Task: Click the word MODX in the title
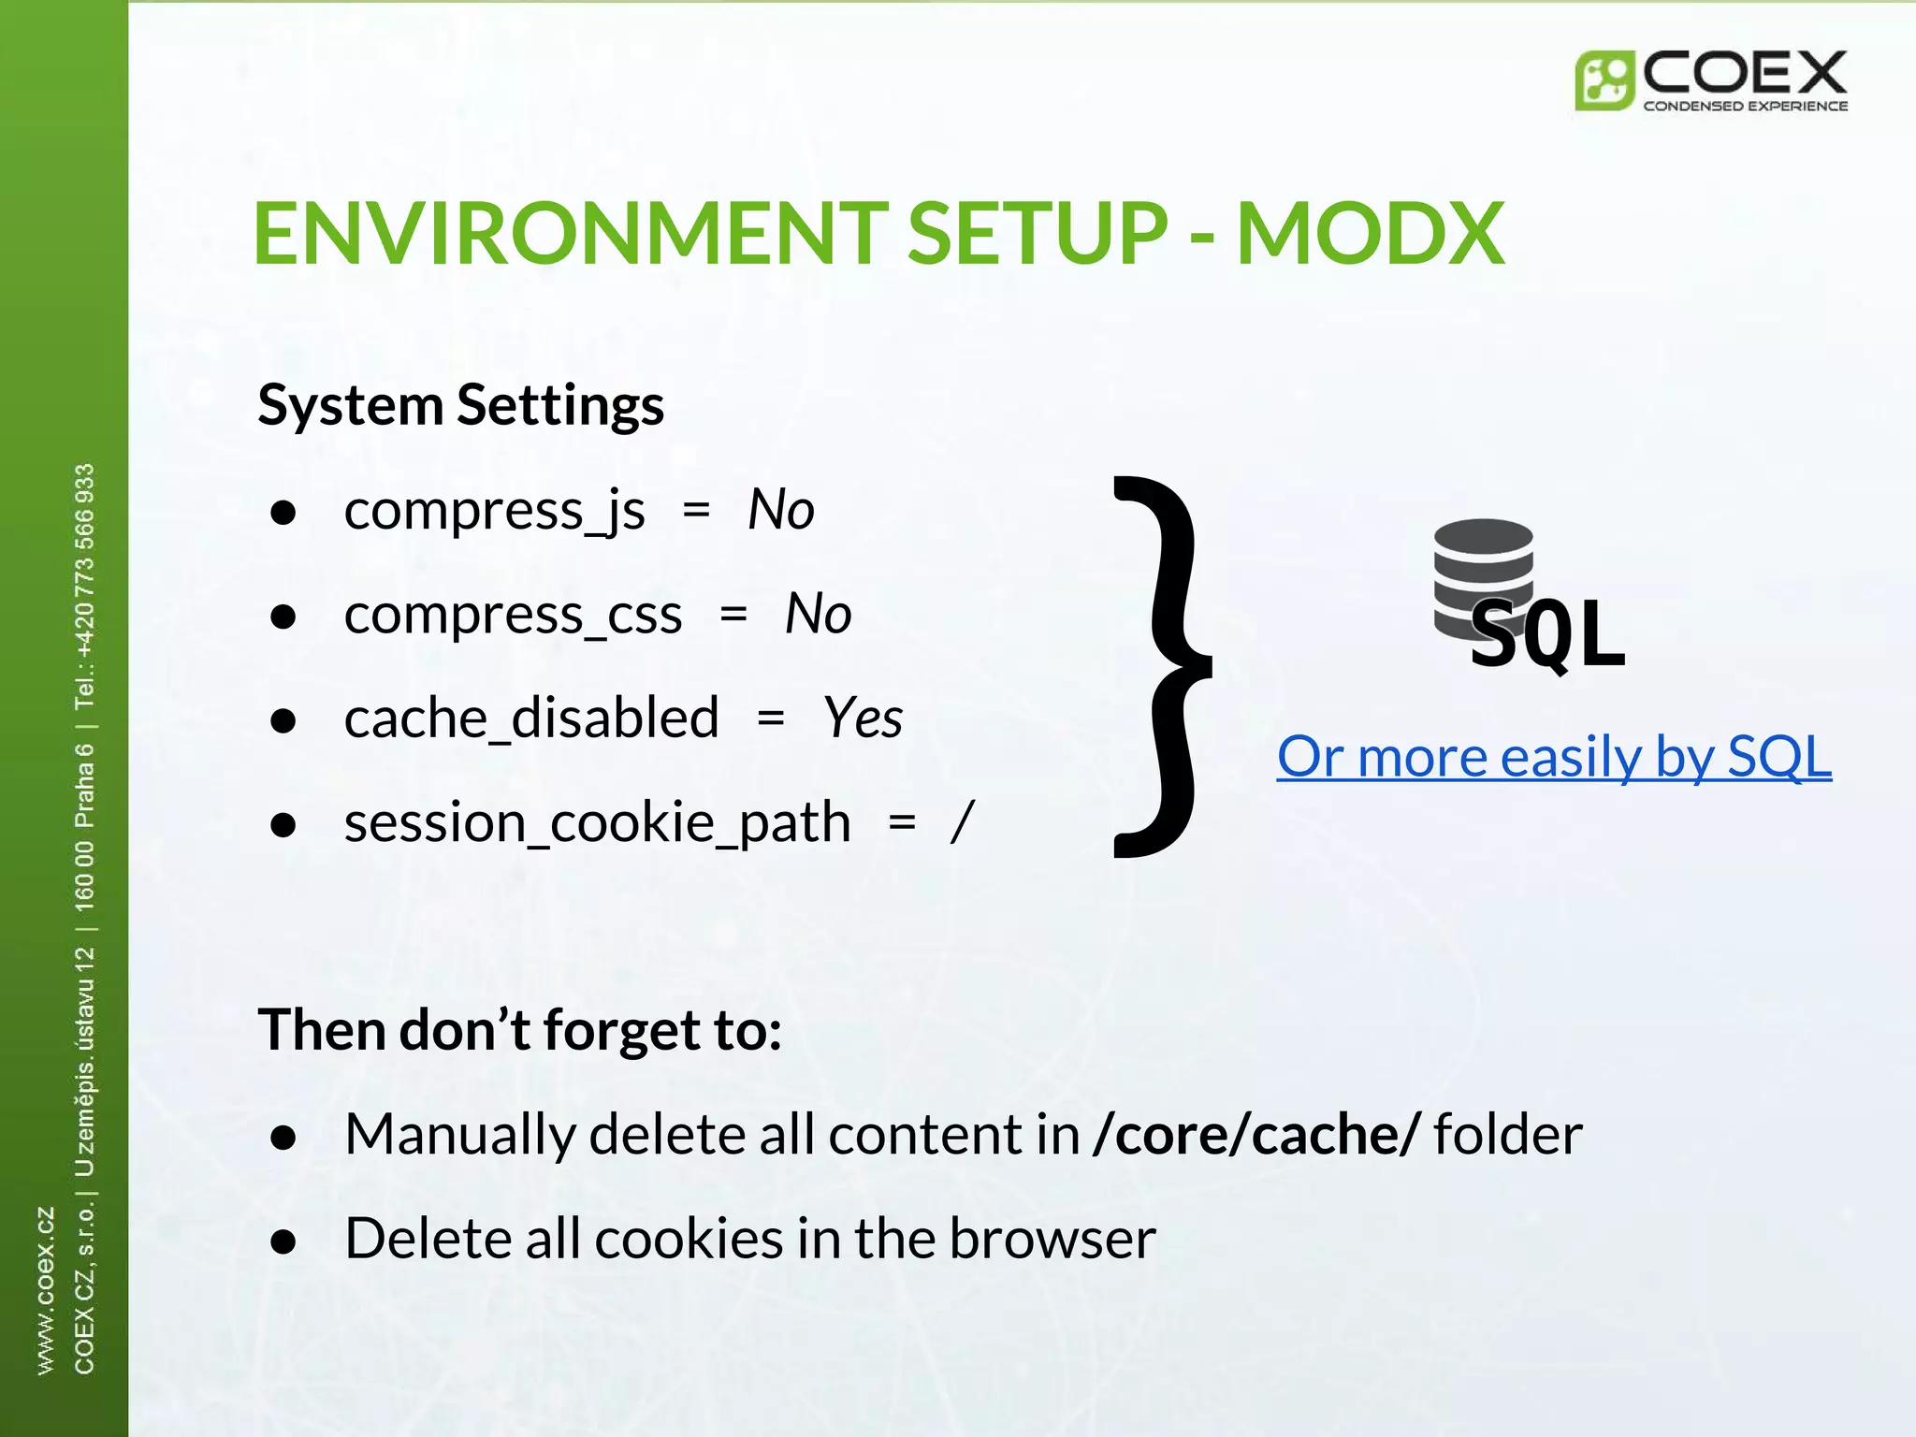point(1370,234)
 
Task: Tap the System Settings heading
point(460,405)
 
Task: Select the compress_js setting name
point(494,512)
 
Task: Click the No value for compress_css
point(818,615)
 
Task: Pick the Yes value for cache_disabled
point(863,718)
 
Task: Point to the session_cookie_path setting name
point(597,823)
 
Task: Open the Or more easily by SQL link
point(1553,756)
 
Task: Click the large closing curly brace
point(1160,666)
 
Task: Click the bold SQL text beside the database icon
point(1548,634)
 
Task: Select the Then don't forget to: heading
point(519,1030)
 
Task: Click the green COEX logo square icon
point(1604,80)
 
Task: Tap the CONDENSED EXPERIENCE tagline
point(1745,106)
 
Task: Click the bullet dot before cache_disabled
point(283,720)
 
